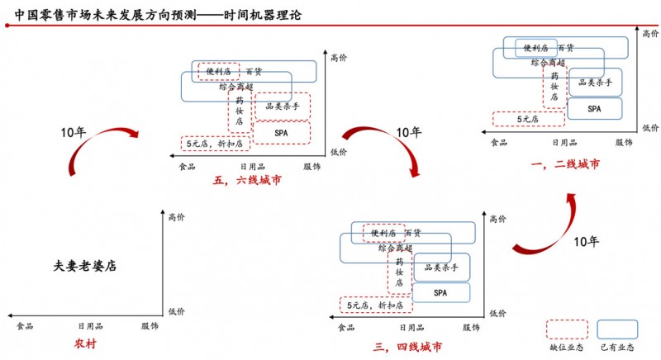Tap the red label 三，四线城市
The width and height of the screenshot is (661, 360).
pyautogui.click(x=407, y=345)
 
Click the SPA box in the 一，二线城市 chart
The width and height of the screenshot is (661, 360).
pyautogui.click(x=595, y=108)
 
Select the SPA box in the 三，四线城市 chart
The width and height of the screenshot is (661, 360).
pyautogui.click(x=440, y=292)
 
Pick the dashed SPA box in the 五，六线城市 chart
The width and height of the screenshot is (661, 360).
pyautogui.click(x=281, y=132)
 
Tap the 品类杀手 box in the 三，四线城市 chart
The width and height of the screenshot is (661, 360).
pyautogui.click(x=441, y=267)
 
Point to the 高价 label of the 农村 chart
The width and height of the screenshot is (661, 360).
pyautogui.click(x=177, y=218)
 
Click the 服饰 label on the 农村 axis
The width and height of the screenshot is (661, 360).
pyautogui.click(x=150, y=327)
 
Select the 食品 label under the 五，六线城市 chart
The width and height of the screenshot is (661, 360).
pyautogui.click(x=188, y=167)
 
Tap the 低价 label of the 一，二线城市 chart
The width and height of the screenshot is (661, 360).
pyautogui.click(x=650, y=128)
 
